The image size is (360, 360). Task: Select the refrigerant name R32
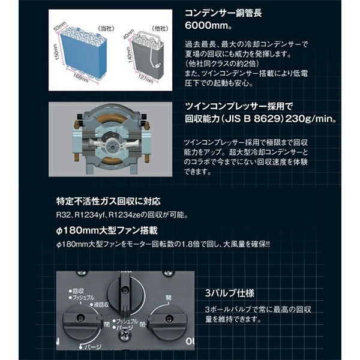click(65, 215)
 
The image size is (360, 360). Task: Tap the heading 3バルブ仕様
click(229, 294)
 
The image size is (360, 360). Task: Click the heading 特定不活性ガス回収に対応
click(109, 200)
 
